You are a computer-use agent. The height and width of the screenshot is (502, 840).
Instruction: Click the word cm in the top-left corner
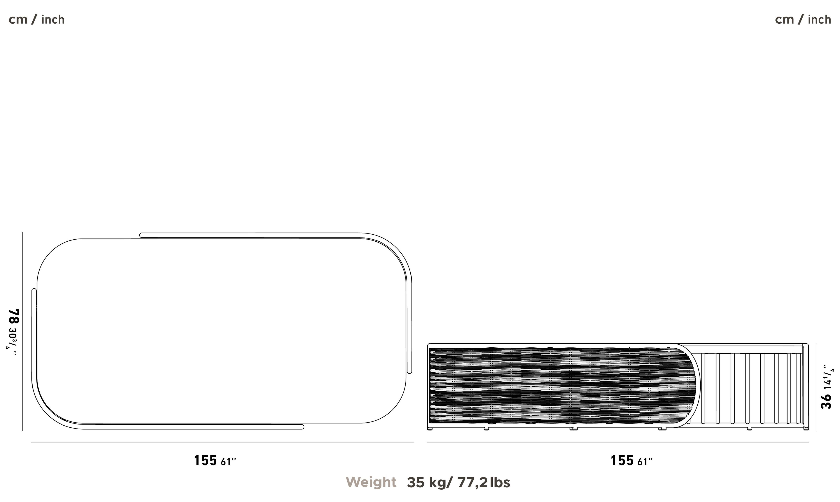point(18,20)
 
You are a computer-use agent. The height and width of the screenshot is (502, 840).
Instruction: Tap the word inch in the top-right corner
point(819,20)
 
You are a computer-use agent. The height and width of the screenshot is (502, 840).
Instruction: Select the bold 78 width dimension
point(14,317)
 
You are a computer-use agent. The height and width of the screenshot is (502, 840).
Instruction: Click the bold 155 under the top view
point(205,460)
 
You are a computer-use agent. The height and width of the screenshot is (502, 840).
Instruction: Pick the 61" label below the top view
point(228,462)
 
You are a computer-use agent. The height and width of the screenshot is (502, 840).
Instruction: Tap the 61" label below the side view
point(645,462)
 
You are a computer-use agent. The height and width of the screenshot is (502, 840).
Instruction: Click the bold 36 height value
point(826,401)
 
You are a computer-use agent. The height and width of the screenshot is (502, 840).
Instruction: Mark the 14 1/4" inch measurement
point(828,377)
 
